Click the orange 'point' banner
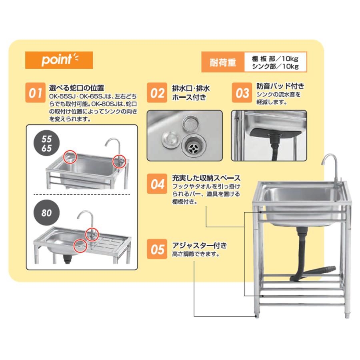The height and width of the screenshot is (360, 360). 59,60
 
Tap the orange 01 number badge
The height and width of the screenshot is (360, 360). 35,92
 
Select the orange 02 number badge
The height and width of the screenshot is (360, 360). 157,92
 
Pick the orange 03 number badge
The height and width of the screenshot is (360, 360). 242,92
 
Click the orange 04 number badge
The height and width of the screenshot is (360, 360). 157,184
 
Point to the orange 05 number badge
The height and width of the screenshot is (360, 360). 157,249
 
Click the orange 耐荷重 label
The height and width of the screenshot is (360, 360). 223,62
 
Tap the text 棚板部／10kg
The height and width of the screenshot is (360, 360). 275,59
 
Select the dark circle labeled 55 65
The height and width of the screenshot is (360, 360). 47,143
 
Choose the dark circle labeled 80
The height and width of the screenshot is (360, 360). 47,213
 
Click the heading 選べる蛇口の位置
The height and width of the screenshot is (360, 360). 76,88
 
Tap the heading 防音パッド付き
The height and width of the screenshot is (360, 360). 280,86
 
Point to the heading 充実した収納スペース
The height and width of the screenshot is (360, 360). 206,178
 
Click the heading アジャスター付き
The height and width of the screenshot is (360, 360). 200,246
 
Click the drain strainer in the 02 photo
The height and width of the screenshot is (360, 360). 193,146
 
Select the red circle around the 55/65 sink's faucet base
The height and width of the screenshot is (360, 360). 119,161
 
